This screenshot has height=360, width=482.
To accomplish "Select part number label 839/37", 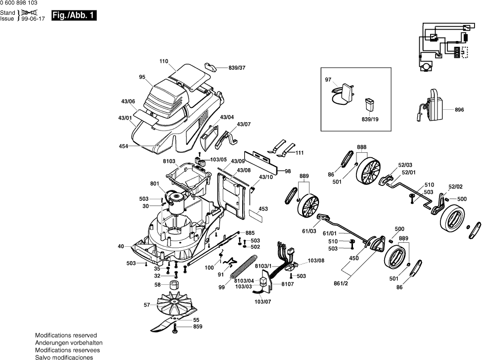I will (x=237, y=67).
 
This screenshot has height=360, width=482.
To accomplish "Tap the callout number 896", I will (x=459, y=109).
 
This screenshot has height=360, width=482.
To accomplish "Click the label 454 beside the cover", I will (x=123, y=146).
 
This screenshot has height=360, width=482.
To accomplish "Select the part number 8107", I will (x=274, y=284).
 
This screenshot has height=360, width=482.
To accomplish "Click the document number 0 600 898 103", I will (x=19, y=3).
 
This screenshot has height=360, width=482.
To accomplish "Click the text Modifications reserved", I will (x=66, y=335).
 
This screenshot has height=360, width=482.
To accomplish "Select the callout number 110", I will (x=164, y=61).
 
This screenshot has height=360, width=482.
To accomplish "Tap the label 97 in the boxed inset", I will (x=328, y=79).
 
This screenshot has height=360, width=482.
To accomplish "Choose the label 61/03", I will (x=309, y=230).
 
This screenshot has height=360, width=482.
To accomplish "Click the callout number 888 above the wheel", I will (x=362, y=147).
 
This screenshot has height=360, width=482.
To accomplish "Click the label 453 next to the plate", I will (x=263, y=209).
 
